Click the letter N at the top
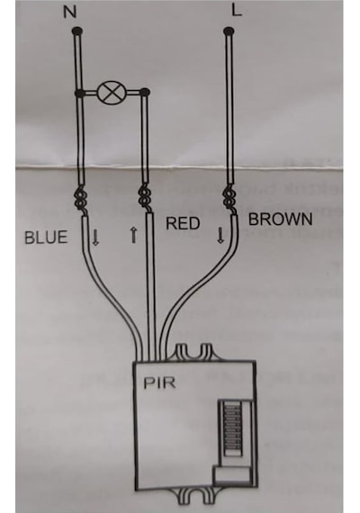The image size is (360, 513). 69,13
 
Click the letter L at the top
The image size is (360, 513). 237,10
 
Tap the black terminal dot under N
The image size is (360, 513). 77,31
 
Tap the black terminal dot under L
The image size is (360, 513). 229,31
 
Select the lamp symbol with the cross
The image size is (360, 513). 112,93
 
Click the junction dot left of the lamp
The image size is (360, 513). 79,94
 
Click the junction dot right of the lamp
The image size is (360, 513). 145,93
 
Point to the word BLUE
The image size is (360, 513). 46,238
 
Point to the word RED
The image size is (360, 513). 183,223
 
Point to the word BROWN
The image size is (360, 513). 281,220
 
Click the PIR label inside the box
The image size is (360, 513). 159,383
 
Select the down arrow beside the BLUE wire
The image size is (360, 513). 95,238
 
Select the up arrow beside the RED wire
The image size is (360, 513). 133,236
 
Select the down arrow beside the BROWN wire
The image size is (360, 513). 220,235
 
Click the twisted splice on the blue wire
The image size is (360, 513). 81,198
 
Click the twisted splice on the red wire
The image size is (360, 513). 144,198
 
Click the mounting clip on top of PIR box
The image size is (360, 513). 193,353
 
